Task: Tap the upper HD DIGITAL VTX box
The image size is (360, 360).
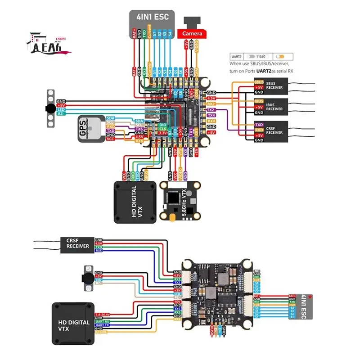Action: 135,202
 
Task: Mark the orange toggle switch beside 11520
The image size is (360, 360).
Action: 280,57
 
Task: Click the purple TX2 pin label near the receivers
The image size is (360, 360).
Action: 211,110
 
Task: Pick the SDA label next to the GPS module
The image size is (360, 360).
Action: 110,117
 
